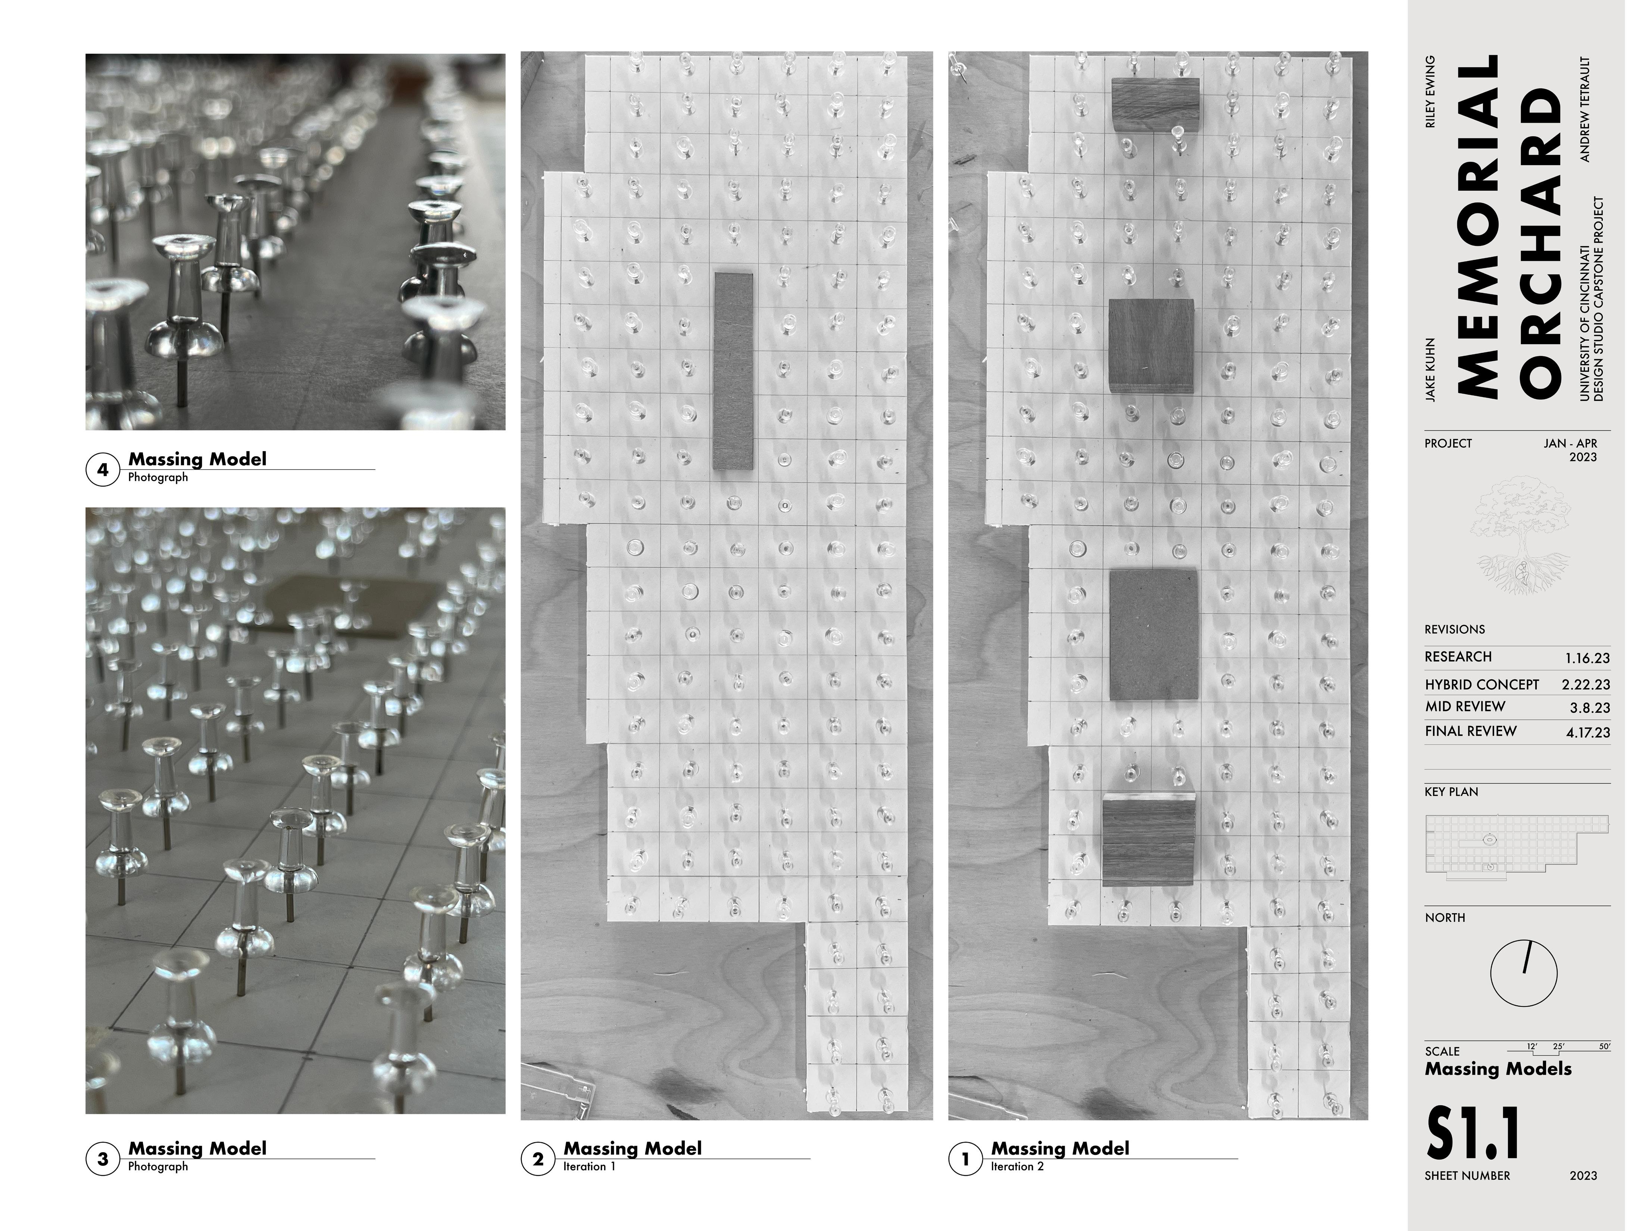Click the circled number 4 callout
click(x=103, y=470)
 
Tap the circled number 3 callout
click(x=103, y=1159)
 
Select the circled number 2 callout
click(x=537, y=1159)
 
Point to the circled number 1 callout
click(x=965, y=1159)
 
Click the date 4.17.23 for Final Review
click(x=1588, y=732)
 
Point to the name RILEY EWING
click(x=1430, y=92)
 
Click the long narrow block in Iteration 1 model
click(x=733, y=371)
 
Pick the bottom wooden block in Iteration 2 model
click(x=1149, y=839)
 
